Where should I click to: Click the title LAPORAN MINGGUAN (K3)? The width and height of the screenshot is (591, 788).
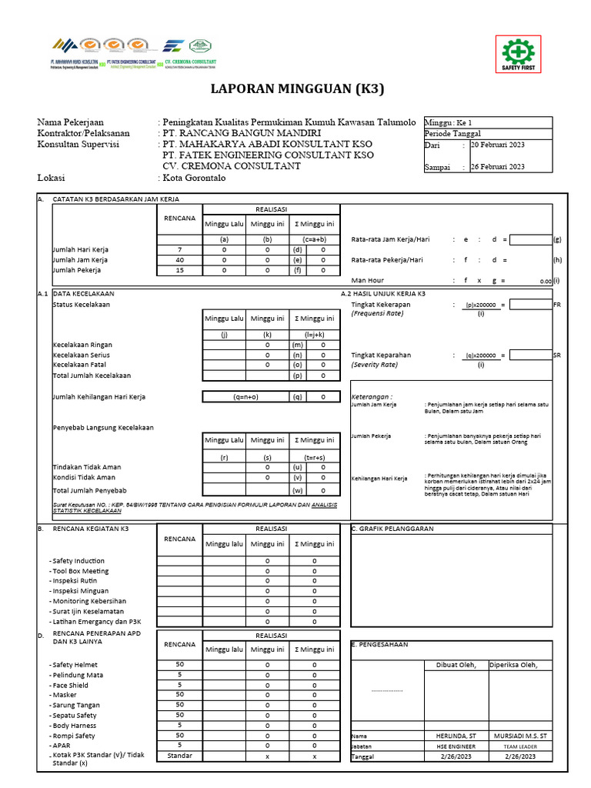point(297,89)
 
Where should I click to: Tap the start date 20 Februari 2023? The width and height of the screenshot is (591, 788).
point(498,144)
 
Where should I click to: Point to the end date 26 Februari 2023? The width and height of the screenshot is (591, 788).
point(498,166)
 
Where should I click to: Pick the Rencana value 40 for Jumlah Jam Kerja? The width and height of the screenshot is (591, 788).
point(179,260)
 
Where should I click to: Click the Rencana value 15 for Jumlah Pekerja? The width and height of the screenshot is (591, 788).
point(179,270)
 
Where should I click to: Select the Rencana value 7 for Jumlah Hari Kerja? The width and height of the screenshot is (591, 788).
point(179,250)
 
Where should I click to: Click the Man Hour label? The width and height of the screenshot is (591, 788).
point(368,281)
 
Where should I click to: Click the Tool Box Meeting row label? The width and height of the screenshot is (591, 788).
point(80,571)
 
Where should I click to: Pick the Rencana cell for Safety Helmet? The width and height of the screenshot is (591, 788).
point(179,664)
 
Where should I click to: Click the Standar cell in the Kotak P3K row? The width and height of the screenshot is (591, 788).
point(179,756)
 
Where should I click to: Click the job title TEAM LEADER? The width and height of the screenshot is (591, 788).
point(520,746)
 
